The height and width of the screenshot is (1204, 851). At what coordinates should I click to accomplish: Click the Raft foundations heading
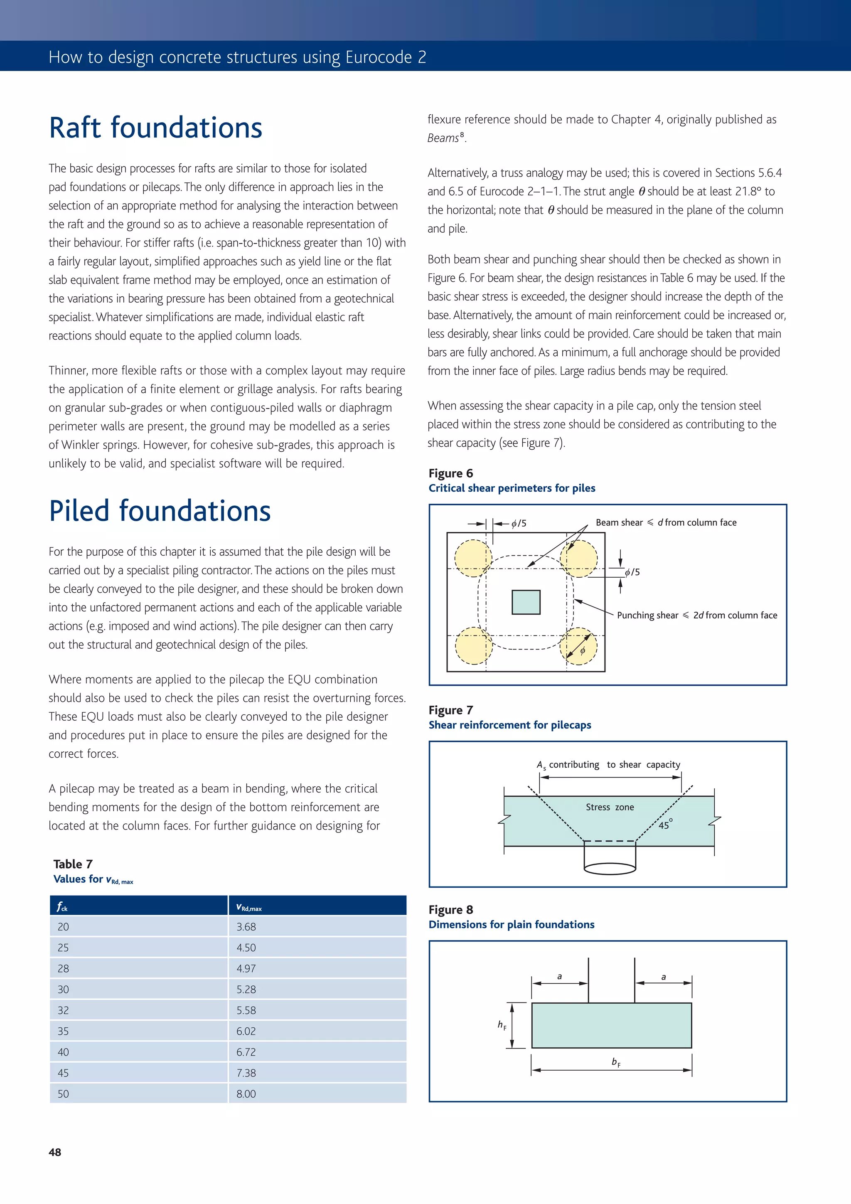tap(155, 128)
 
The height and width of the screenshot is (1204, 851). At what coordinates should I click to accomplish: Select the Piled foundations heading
tap(160, 511)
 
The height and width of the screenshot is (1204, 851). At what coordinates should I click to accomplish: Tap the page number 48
tap(54, 1152)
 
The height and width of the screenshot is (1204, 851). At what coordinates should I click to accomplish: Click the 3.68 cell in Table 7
tap(246, 927)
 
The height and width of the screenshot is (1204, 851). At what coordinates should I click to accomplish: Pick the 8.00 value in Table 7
tap(246, 1094)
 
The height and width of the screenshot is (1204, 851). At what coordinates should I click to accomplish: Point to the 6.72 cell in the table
tap(246, 1052)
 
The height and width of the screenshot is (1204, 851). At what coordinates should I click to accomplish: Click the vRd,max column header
tap(248, 907)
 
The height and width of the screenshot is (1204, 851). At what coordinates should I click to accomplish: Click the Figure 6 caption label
tap(450, 473)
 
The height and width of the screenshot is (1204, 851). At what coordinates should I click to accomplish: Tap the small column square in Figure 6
tap(526, 602)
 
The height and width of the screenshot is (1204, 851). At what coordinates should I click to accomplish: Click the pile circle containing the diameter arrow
tap(578, 646)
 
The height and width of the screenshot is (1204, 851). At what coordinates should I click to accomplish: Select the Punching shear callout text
tap(697, 615)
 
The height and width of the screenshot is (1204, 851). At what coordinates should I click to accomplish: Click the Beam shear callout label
tap(666, 522)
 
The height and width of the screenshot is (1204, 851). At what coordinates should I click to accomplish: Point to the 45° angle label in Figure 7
tap(665, 824)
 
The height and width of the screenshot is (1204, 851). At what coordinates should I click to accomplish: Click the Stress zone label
tap(610, 807)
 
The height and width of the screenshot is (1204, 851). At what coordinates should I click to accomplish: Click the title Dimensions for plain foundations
tap(511, 924)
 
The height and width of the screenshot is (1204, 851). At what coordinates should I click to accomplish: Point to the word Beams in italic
tap(443, 138)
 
